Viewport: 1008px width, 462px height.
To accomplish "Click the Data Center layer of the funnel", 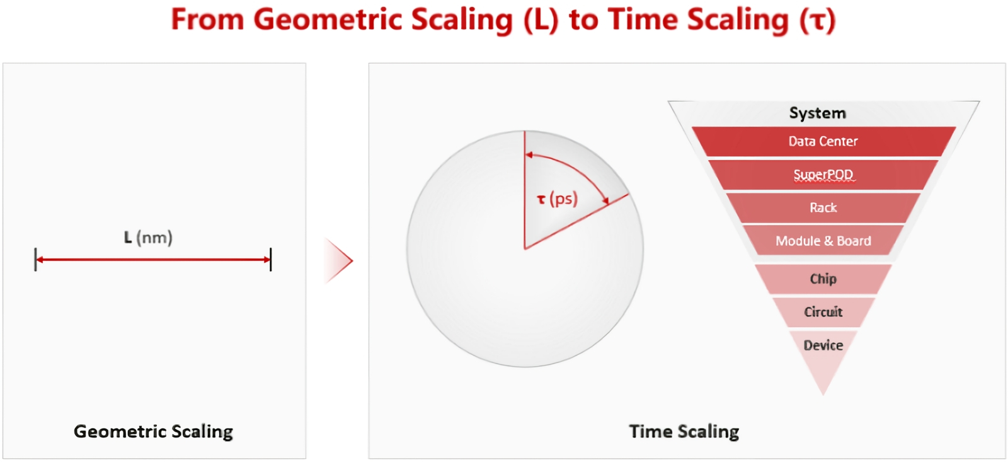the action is coord(823,141).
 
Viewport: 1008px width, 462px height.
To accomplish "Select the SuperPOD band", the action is coord(823,175).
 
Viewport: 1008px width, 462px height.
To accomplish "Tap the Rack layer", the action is coord(823,207).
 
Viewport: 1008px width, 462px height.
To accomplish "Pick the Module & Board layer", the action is coord(823,241).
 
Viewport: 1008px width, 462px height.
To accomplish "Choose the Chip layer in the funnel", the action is coord(823,279).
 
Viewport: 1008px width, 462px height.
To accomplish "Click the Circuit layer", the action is coord(823,312).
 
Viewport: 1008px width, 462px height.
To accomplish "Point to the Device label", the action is coord(823,345).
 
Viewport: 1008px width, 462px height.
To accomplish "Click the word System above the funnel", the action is coord(818,113).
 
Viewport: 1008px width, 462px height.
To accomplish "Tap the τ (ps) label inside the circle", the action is coord(558,199).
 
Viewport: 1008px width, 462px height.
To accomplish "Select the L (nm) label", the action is coord(148,238).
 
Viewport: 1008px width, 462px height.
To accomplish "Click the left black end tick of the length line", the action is coord(35,260).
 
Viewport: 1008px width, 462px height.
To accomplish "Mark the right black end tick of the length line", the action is coord(270,260).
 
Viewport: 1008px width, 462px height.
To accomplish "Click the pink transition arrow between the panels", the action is coord(338,261).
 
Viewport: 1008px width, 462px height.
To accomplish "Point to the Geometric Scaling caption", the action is coord(154,431).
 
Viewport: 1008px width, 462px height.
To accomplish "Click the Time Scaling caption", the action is coord(684,431).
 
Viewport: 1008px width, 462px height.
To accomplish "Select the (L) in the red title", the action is coord(541,20).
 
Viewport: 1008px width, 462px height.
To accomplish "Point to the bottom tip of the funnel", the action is coord(823,395).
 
